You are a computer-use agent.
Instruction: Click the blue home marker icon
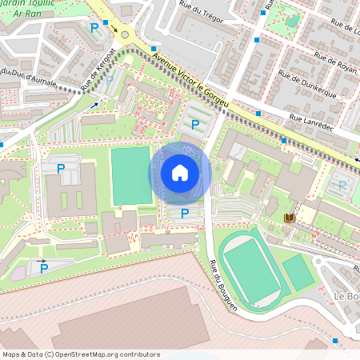click(180, 173)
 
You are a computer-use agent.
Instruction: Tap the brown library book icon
click(289, 218)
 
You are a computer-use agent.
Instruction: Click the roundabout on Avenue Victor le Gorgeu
click(125, 35)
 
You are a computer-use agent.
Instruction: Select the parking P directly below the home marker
click(185, 214)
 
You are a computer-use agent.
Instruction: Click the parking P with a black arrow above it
click(44, 269)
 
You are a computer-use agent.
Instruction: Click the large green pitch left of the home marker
click(130, 175)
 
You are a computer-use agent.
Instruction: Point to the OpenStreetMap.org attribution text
click(80, 354)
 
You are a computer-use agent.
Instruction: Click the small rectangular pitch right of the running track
click(298, 273)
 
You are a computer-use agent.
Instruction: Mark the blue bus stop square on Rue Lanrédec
click(258, 114)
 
